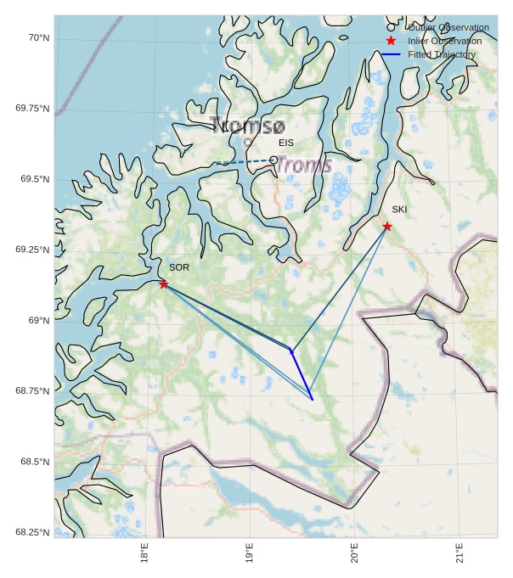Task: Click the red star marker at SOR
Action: [163, 283]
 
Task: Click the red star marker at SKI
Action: [386, 226]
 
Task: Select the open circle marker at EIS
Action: [273, 160]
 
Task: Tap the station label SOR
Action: [178, 267]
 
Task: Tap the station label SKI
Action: [399, 209]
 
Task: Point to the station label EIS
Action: [286, 143]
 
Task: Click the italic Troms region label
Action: [304, 166]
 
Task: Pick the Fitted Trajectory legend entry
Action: [441, 54]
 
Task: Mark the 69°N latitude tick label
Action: [39, 320]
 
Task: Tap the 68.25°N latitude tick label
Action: [32, 532]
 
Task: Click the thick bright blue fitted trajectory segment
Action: [302, 374]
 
